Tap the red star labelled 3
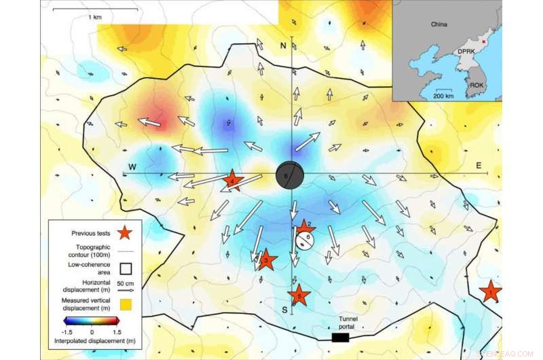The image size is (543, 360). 266,259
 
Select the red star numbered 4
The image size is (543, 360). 232,181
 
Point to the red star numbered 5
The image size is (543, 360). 299,295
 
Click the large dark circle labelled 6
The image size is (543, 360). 291,175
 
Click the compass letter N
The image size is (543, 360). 284,45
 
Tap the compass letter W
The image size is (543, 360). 133,167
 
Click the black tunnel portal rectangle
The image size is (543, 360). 340,337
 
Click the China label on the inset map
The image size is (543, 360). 440,24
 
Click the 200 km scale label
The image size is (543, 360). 444,96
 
